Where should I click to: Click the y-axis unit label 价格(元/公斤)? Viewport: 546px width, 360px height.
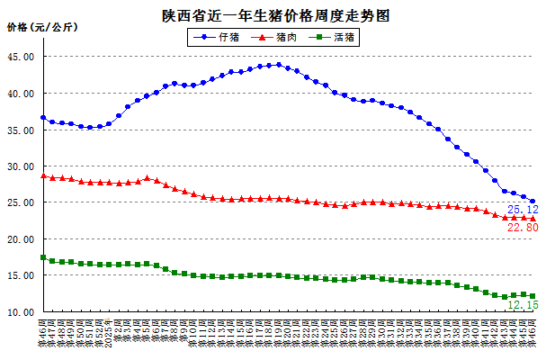coord(42,28)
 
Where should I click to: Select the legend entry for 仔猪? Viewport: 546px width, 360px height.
coord(227,38)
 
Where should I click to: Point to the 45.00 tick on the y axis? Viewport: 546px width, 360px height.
coord(21,57)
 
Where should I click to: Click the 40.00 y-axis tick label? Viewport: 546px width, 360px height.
coord(21,94)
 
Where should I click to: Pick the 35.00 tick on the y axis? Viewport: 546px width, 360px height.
coord(21,130)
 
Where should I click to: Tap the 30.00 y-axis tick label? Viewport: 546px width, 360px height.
coord(21,166)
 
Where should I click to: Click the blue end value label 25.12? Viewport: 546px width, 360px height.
coord(522,210)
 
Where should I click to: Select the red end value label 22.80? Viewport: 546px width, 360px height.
coord(522,229)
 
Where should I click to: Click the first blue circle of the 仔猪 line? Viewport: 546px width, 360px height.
coord(43,118)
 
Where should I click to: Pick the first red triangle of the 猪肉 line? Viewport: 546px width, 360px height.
coord(43,175)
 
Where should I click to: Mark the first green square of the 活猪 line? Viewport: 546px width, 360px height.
coord(43,258)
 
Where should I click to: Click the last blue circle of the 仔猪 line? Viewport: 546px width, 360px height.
coord(533,202)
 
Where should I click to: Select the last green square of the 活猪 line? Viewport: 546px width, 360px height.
coord(533,296)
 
